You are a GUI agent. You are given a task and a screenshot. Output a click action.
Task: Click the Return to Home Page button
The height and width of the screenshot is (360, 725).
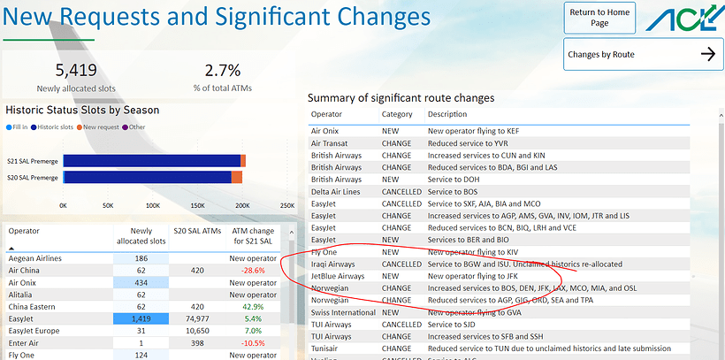(x=599, y=18)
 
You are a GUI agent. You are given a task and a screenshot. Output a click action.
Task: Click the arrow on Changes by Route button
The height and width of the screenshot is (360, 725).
(x=706, y=55)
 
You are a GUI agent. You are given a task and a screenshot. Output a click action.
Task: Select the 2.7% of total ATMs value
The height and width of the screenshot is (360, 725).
(x=222, y=71)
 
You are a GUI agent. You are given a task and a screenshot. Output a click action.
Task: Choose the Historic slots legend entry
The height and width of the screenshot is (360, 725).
(x=54, y=127)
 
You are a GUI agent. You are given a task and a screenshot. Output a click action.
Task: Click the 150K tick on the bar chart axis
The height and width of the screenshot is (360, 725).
(x=197, y=205)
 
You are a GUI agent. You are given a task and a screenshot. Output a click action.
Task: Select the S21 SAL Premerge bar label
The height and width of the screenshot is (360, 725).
(x=31, y=160)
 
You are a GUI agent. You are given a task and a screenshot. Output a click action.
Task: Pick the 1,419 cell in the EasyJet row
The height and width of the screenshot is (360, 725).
(x=141, y=318)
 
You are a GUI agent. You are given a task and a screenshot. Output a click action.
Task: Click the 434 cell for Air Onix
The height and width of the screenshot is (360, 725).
(x=141, y=282)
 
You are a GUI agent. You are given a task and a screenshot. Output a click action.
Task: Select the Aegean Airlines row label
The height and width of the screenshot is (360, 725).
(x=35, y=258)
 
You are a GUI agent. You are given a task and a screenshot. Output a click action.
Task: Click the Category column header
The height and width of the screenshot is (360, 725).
(x=397, y=115)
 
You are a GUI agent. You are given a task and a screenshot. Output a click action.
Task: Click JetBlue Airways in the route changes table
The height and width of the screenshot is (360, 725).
(x=338, y=276)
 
